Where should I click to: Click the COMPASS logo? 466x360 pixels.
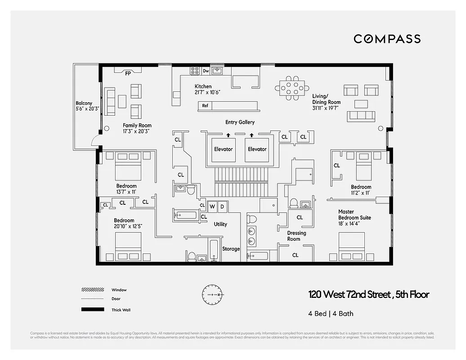tap(387, 39)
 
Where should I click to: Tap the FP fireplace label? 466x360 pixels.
tap(128, 73)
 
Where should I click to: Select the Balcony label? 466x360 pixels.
tap(84, 106)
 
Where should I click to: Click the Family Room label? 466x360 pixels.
tap(137, 128)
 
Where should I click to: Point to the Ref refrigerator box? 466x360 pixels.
tap(205, 106)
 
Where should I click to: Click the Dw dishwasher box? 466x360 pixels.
tap(206, 71)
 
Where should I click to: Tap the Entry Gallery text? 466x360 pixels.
tap(240, 122)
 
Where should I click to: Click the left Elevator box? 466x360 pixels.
tap(223, 149)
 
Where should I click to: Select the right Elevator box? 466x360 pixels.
tap(257, 149)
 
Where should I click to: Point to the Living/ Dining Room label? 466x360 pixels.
tap(327, 99)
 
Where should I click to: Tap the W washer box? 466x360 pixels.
tap(212, 207)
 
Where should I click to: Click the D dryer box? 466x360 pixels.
tap(222, 207)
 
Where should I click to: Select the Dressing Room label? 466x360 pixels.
tap(296, 236)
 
